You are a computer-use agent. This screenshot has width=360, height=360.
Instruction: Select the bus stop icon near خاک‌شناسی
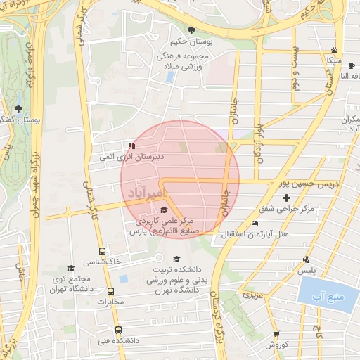[x=103, y=250]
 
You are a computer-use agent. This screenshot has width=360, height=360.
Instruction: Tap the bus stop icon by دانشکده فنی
[x=117, y=330]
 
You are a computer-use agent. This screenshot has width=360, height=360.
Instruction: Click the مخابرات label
[x=110, y=302]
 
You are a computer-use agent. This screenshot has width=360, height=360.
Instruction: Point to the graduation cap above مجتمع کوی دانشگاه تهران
[x=70, y=269]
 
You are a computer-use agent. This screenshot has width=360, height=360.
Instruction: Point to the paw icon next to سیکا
[x=334, y=50]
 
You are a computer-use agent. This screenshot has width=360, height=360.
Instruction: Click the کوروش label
[x=275, y=345]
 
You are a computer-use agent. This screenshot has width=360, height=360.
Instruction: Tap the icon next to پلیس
[x=304, y=259]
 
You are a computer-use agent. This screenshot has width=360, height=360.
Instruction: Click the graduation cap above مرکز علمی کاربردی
[x=164, y=210]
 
